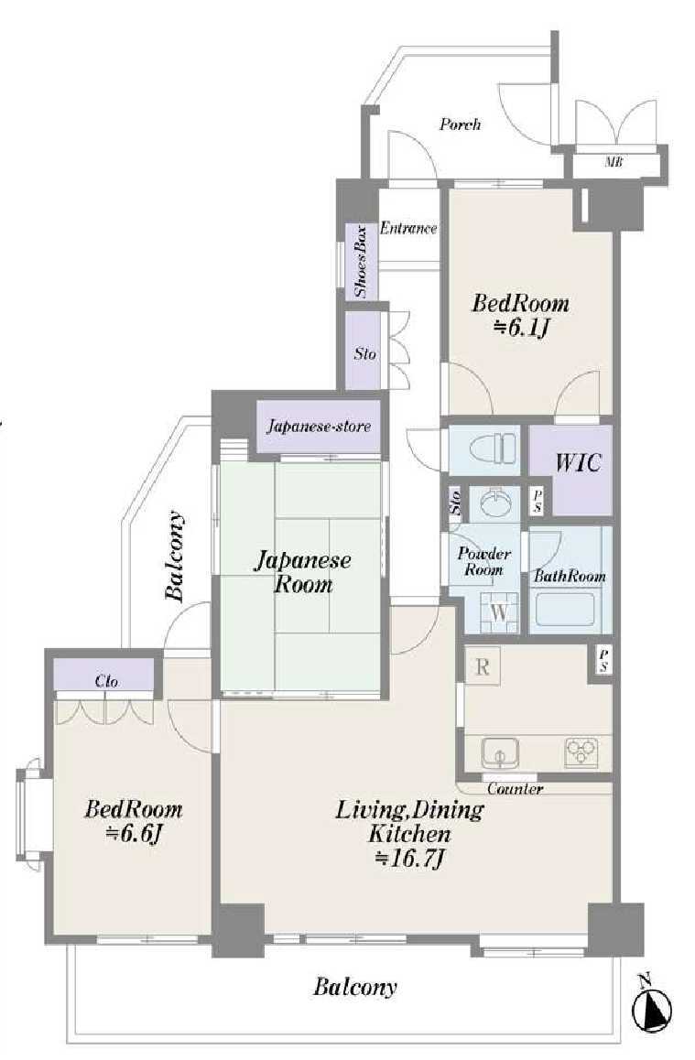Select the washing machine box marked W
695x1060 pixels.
[x=499, y=612]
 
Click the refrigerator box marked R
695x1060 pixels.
[x=482, y=665]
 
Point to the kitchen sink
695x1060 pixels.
[x=500, y=753]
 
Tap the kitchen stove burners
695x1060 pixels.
[x=581, y=752]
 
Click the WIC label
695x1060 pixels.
[x=578, y=463]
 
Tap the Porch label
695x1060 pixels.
[x=461, y=124]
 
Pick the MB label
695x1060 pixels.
[x=614, y=162]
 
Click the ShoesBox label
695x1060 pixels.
[x=362, y=262]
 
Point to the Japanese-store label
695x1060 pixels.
[x=319, y=427]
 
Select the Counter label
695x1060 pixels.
[x=516, y=789]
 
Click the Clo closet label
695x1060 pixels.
[x=107, y=681]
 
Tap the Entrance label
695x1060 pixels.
[x=408, y=229]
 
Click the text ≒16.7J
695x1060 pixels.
[x=409, y=859]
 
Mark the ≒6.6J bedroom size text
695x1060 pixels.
[x=134, y=834]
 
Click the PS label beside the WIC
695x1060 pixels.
[x=538, y=501]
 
